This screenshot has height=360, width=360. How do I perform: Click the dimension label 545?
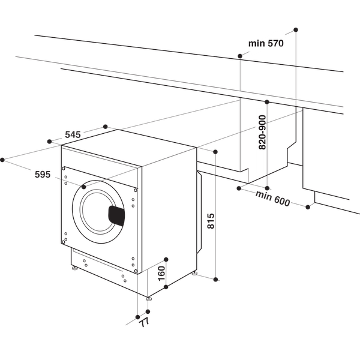click(73, 135)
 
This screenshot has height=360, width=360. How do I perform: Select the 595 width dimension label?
click(42, 175)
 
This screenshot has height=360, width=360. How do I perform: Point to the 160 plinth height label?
click(161, 274)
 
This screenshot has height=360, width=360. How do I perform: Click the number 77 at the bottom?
click(143, 323)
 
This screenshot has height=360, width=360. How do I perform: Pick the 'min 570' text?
click(266, 43)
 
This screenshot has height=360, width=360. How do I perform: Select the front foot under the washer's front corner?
click(148, 298)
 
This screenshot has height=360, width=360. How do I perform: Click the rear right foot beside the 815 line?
click(195, 274)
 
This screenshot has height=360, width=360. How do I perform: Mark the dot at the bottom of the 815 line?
click(217, 279)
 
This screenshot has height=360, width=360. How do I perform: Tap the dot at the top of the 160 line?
click(167, 259)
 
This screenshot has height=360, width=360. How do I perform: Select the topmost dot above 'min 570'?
click(296, 29)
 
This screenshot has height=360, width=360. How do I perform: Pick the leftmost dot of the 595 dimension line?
click(3, 160)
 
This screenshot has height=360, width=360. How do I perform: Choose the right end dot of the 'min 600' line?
click(308, 207)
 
